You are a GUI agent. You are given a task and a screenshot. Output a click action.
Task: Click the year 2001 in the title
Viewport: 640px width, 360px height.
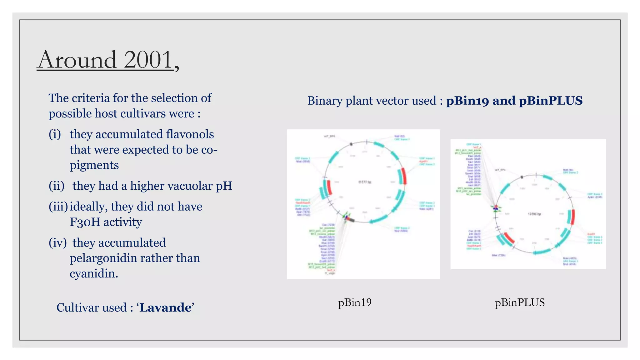click(x=148, y=60)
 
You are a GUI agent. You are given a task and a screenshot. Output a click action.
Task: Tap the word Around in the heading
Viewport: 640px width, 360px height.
click(x=77, y=60)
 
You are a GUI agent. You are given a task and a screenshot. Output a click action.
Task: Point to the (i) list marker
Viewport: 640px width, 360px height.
click(x=55, y=134)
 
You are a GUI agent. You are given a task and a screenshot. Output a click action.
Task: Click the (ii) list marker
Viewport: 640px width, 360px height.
click(x=57, y=186)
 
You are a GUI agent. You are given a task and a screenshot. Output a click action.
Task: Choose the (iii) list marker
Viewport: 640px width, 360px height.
click(x=58, y=207)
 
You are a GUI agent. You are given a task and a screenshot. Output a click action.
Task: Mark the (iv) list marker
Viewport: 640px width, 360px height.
click(x=57, y=243)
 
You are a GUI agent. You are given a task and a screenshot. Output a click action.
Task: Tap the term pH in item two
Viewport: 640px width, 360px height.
click(x=224, y=186)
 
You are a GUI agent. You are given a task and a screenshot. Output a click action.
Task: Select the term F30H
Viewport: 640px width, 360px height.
click(x=84, y=222)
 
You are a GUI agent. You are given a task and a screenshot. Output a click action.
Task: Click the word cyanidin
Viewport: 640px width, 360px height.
click(x=94, y=274)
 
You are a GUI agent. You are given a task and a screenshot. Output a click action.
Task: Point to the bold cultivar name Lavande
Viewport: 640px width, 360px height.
click(x=165, y=308)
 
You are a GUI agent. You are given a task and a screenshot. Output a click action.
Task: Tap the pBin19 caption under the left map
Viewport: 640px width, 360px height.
click(x=355, y=302)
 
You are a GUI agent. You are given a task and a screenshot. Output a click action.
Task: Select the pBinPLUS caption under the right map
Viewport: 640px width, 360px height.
click(x=519, y=302)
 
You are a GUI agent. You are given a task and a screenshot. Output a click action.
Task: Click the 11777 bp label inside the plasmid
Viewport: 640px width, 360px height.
click(x=364, y=182)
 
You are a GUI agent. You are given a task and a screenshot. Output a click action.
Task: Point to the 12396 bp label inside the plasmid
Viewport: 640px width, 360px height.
click(x=534, y=214)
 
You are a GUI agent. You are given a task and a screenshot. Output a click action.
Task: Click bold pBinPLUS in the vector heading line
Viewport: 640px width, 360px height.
click(x=551, y=101)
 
